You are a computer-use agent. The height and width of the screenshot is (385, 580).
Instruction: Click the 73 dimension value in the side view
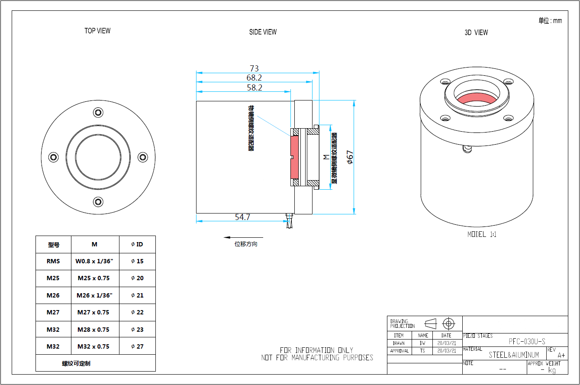pyautogui.click(x=254, y=68)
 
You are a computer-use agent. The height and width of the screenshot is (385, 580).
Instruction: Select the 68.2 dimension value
pyautogui.click(x=254, y=78)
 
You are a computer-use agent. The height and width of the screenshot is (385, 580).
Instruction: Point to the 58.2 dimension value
pyautogui.click(x=254, y=87)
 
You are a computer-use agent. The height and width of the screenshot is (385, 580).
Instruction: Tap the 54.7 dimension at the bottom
pyautogui.click(x=242, y=217)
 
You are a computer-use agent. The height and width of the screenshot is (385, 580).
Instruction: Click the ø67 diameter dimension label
pyautogui.click(x=350, y=157)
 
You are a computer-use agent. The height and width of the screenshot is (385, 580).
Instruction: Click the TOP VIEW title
pyautogui.click(x=97, y=31)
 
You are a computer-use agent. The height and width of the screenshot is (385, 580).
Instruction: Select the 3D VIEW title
pyautogui.click(x=476, y=32)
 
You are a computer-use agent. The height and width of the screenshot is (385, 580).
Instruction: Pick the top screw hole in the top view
pyautogui.click(x=98, y=113)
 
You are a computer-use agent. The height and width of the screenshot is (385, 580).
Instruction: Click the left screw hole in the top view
pyautogui.click(x=54, y=157)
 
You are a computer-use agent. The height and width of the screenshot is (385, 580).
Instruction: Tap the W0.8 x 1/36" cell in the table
pyautogui.click(x=94, y=261)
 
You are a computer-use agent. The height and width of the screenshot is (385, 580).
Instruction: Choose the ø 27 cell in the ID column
pyautogui.click(x=137, y=346)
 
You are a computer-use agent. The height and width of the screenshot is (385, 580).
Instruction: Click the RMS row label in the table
pyautogui.click(x=53, y=261)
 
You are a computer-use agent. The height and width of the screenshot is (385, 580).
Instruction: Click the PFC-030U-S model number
pyautogui.click(x=527, y=341)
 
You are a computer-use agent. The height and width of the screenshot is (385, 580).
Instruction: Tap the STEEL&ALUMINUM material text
pyautogui.click(x=514, y=355)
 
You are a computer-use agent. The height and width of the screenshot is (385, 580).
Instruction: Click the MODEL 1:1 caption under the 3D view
pyautogui.click(x=482, y=234)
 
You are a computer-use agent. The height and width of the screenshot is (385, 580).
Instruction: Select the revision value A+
pyautogui.click(x=561, y=355)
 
